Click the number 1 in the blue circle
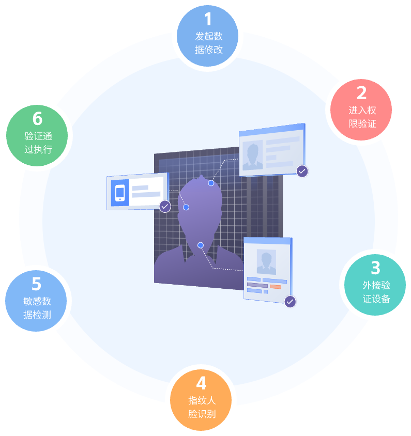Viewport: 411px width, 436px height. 208,20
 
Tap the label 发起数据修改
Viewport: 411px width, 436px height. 209,43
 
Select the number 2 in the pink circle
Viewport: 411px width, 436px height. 362,93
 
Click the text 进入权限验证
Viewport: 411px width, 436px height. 362,117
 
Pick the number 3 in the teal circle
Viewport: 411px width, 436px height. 376,268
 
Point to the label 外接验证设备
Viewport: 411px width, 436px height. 376,292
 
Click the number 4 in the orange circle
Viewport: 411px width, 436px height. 202,383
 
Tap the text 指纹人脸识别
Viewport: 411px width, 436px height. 202,407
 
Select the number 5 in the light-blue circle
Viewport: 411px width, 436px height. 37,284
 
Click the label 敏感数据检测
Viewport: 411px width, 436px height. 37,308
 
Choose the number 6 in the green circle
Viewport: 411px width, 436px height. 37,119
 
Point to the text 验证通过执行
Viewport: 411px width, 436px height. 38,143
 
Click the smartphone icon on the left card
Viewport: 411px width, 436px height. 120,193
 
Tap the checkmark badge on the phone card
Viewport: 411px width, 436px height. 165,206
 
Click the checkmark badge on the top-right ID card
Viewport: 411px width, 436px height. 302,171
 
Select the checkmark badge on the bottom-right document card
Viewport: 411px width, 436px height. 290,302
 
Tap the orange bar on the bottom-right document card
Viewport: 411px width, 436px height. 275,286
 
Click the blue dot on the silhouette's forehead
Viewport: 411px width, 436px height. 211,183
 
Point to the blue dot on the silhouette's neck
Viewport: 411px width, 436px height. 201,245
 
